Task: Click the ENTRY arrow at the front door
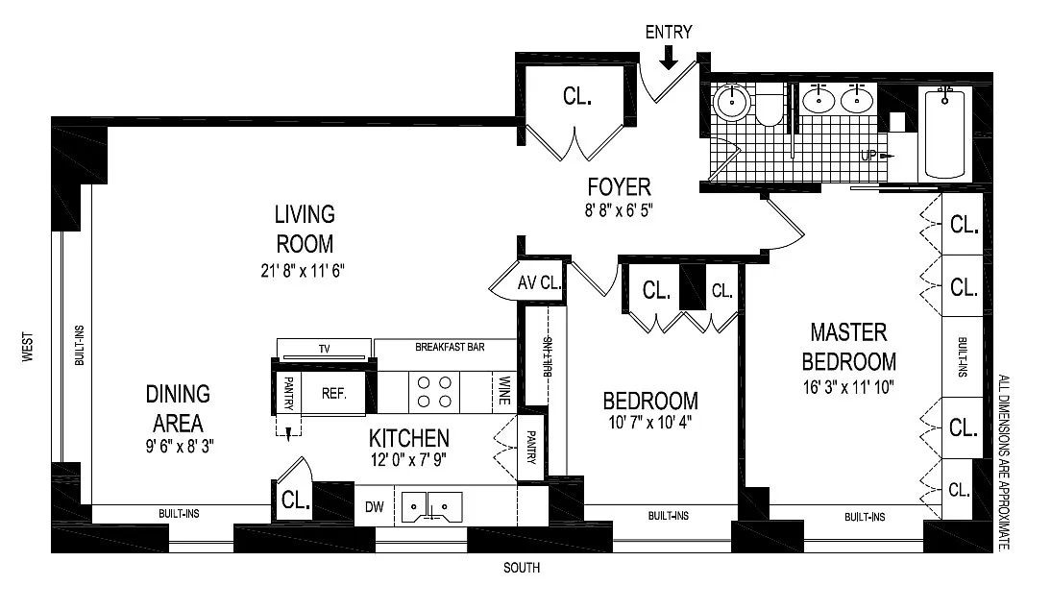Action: click(669, 57)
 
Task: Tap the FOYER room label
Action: click(620, 186)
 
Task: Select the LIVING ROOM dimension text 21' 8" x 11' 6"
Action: click(303, 271)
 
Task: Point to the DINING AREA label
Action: click(178, 408)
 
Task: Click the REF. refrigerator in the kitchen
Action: click(333, 394)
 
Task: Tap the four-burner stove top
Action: click(434, 392)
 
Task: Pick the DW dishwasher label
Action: click(374, 507)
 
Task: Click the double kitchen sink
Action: click(432, 507)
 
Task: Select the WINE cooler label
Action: click(504, 391)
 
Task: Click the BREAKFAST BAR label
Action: click(450, 347)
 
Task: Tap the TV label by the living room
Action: click(325, 349)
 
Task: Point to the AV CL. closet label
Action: click(539, 282)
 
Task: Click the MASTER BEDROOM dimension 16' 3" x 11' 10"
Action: click(848, 387)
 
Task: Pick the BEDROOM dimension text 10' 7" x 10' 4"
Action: click(650, 423)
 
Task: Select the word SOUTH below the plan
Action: click(522, 568)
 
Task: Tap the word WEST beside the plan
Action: click(28, 347)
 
